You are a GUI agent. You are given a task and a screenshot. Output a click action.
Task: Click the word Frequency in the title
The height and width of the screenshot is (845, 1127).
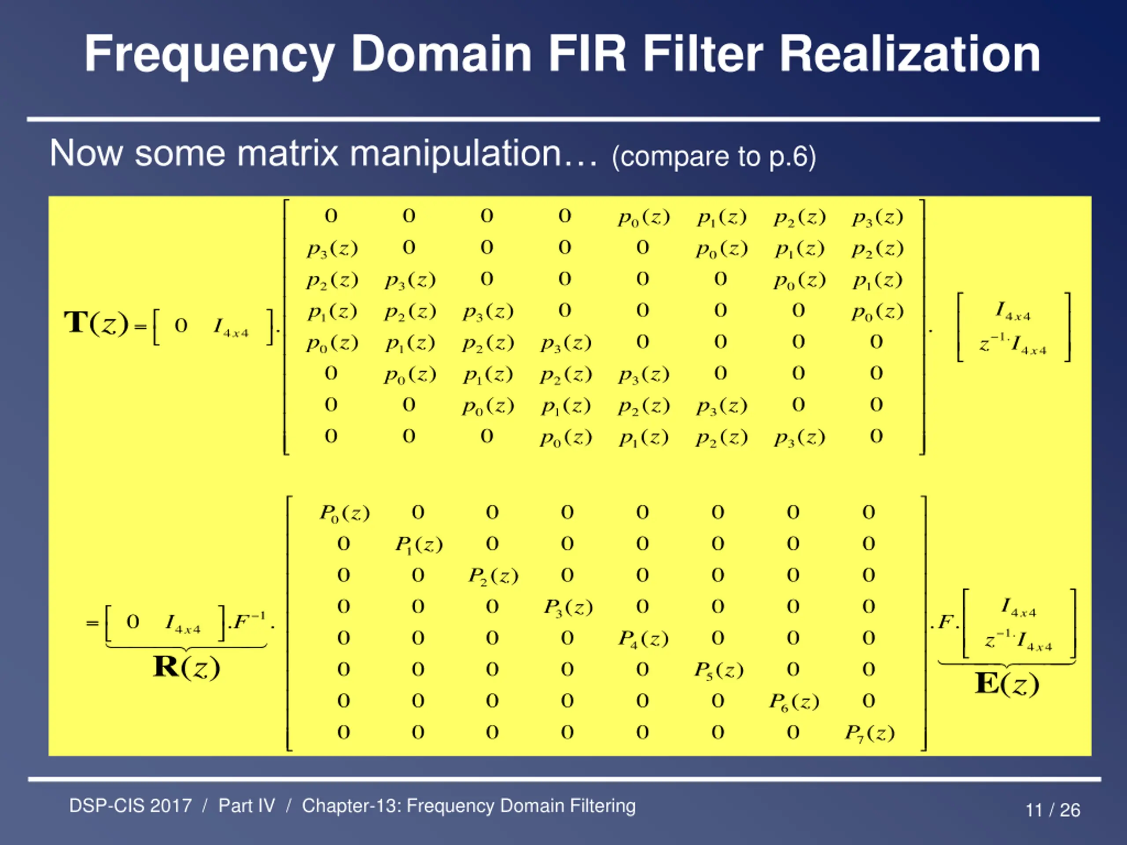coord(209,55)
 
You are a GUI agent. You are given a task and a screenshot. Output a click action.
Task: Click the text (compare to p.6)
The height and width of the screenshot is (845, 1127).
coord(714,156)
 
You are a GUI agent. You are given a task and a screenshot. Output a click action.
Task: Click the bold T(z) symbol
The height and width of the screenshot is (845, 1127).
coord(96,323)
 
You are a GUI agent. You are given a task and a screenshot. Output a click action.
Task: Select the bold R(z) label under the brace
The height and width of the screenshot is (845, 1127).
coord(187,667)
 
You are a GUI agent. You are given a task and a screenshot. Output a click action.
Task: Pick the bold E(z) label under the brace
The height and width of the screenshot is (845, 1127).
coord(1007,683)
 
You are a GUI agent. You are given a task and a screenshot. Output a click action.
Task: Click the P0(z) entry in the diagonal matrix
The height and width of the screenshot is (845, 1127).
coord(344,513)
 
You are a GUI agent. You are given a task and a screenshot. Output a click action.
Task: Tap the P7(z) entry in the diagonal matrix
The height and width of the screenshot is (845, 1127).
coord(869,733)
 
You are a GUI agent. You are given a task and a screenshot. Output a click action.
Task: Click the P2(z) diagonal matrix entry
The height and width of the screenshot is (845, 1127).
coord(493,576)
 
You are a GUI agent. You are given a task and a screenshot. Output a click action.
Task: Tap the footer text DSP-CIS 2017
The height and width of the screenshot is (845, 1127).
coord(130,806)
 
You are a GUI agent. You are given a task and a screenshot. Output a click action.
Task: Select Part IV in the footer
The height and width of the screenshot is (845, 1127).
coord(247,806)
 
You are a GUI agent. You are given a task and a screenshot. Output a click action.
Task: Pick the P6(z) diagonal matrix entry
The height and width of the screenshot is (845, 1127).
coord(794,702)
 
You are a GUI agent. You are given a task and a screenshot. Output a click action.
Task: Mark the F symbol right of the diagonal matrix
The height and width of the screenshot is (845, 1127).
coord(946,622)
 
